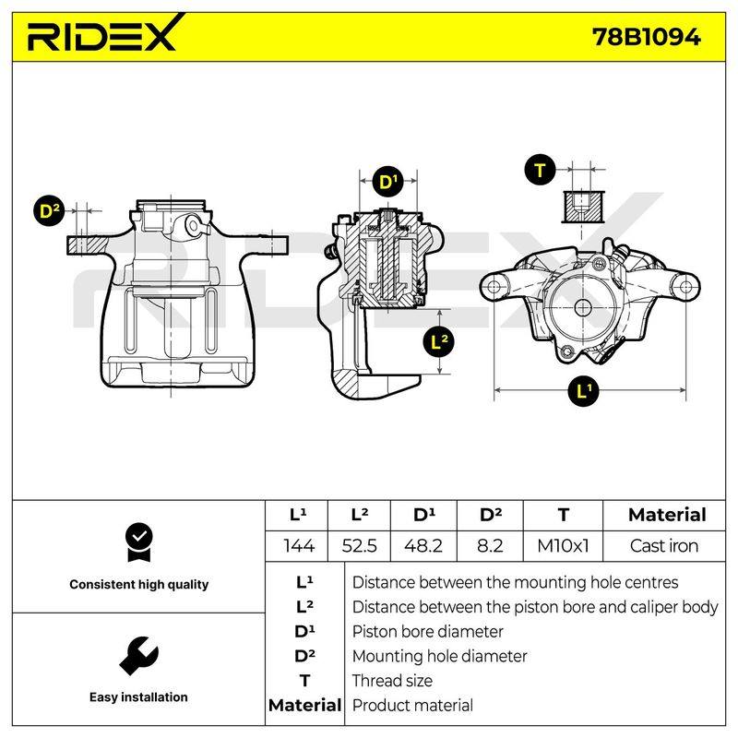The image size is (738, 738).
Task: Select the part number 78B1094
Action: tap(647, 37)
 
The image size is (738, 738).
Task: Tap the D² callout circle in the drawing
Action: tap(50, 211)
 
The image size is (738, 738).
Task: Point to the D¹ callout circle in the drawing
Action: tap(387, 182)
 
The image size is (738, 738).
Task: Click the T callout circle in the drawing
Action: tap(540, 170)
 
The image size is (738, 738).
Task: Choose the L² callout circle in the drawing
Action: tap(440, 341)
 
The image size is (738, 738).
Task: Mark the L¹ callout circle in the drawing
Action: tap(584, 390)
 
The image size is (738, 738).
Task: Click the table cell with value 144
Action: tap(298, 546)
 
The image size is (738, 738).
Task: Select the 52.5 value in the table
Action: tap(359, 546)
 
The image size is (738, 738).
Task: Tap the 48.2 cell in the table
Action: tap(423, 546)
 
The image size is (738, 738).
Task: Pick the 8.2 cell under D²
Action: tap(490, 546)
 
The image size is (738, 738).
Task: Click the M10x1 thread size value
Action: tap(563, 546)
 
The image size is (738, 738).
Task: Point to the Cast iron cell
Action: tap(663, 546)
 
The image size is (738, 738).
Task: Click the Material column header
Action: tap(667, 515)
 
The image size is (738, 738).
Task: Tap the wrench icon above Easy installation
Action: tap(138, 656)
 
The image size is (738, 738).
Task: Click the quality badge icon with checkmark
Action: tap(139, 542)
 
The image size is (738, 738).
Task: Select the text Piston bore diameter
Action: tap(427, 632)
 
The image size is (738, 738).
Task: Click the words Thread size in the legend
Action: tap(392, 681)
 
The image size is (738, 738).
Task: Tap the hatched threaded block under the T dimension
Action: tap(583, 207)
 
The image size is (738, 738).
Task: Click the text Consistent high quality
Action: tap(139, 585)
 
